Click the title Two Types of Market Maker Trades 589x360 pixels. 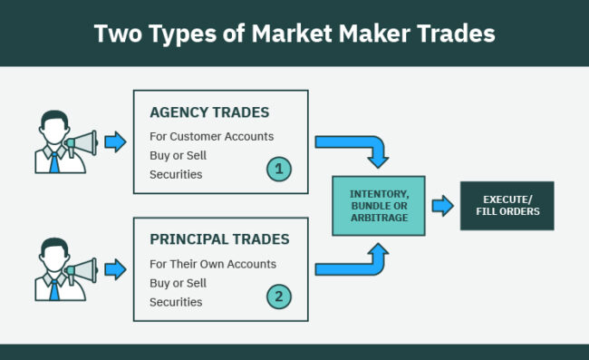(294, 34)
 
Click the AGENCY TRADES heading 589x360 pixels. (209, 112)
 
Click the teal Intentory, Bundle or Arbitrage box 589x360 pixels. (379, 206)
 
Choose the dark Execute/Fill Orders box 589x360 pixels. (506, 206)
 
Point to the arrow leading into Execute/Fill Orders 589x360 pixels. (442, 206)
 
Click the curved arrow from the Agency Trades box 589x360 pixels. (358, 148)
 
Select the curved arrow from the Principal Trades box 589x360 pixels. (358, 263)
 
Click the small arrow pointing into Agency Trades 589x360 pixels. (116, 141)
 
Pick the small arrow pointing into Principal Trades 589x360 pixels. (116, 269)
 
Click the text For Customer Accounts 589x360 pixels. (212, 137)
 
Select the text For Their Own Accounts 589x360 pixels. (213, 264)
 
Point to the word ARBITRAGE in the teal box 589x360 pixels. (379, 218)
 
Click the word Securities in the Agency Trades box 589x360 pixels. (177, 174)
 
